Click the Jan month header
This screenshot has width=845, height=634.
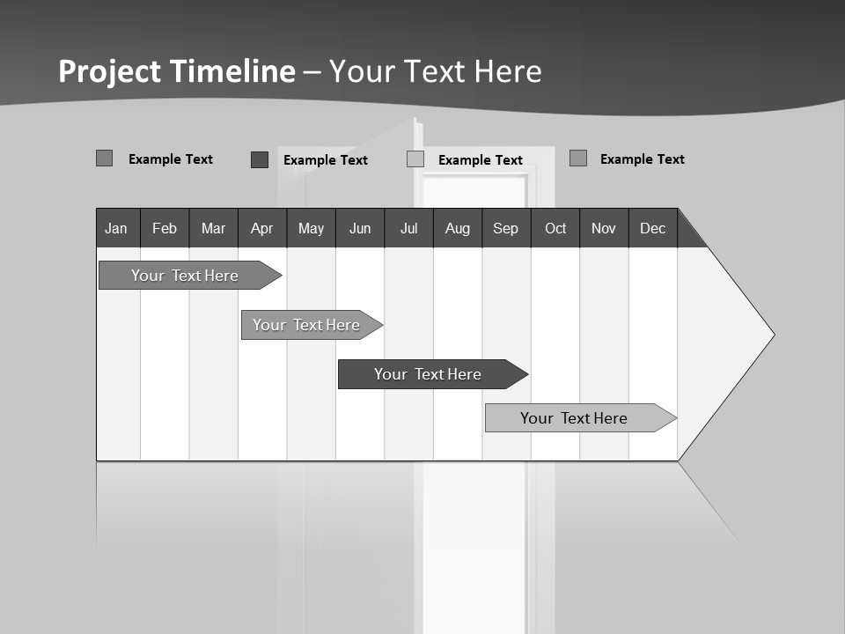[x=116, y=228]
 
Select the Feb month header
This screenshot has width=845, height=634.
[x=165, y=228]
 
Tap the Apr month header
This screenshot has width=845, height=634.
[x=261, y=228]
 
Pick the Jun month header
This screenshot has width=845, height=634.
[x=360, y=228]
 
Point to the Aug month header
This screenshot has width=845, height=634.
[x=458, y=228]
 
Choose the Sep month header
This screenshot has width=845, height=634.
[x=505, y=228]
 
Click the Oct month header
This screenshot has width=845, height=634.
[x=555, y=228]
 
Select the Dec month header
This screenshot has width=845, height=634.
[x=652, y=228]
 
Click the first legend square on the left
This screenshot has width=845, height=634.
[x=105, y=158]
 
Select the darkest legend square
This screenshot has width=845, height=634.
[x=260, y=159]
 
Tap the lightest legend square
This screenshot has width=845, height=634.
[x=415, y=159]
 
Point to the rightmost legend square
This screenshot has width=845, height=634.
[x=578, y=158]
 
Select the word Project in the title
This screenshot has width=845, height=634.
[x=109, y=71]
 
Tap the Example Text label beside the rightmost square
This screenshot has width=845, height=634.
[x=642, y=159]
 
